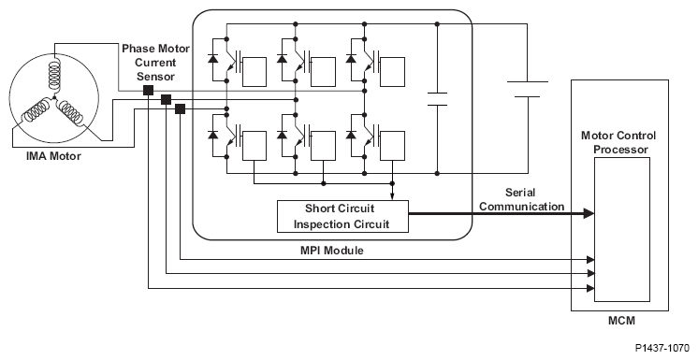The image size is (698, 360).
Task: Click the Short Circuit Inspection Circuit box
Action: click(x=342, y=216)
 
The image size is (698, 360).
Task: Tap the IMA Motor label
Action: click(x=53, y=156)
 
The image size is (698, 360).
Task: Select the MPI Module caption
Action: click(x=331, y=250)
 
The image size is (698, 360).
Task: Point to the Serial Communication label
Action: click(x=521, y=199)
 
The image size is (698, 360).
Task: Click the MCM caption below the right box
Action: click(x=621, y=320)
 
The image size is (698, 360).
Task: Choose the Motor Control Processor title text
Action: click(x=618, y=142)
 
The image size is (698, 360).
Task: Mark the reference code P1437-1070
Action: click(x=662, y=347)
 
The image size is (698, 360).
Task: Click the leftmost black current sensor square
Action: click(x=148, y=91)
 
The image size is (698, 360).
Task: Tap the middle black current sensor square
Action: click(x=166, y=100)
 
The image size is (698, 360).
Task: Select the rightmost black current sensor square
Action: click(x=180, y=108)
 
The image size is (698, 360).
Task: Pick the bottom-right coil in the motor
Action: click(x=71, y=111)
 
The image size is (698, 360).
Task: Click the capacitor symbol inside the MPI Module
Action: click(x=437, y=99)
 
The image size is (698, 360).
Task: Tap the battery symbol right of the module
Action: click(x=528, y=89)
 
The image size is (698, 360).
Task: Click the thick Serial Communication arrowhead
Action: click(x=589, y=213)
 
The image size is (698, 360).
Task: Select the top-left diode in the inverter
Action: click(x=212, y=59)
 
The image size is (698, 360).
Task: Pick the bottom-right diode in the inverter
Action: click(x=351, y=134)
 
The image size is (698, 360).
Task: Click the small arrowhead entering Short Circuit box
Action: click(x=392, y=196)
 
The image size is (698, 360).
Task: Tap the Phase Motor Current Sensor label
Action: click(x=156, y=63)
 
